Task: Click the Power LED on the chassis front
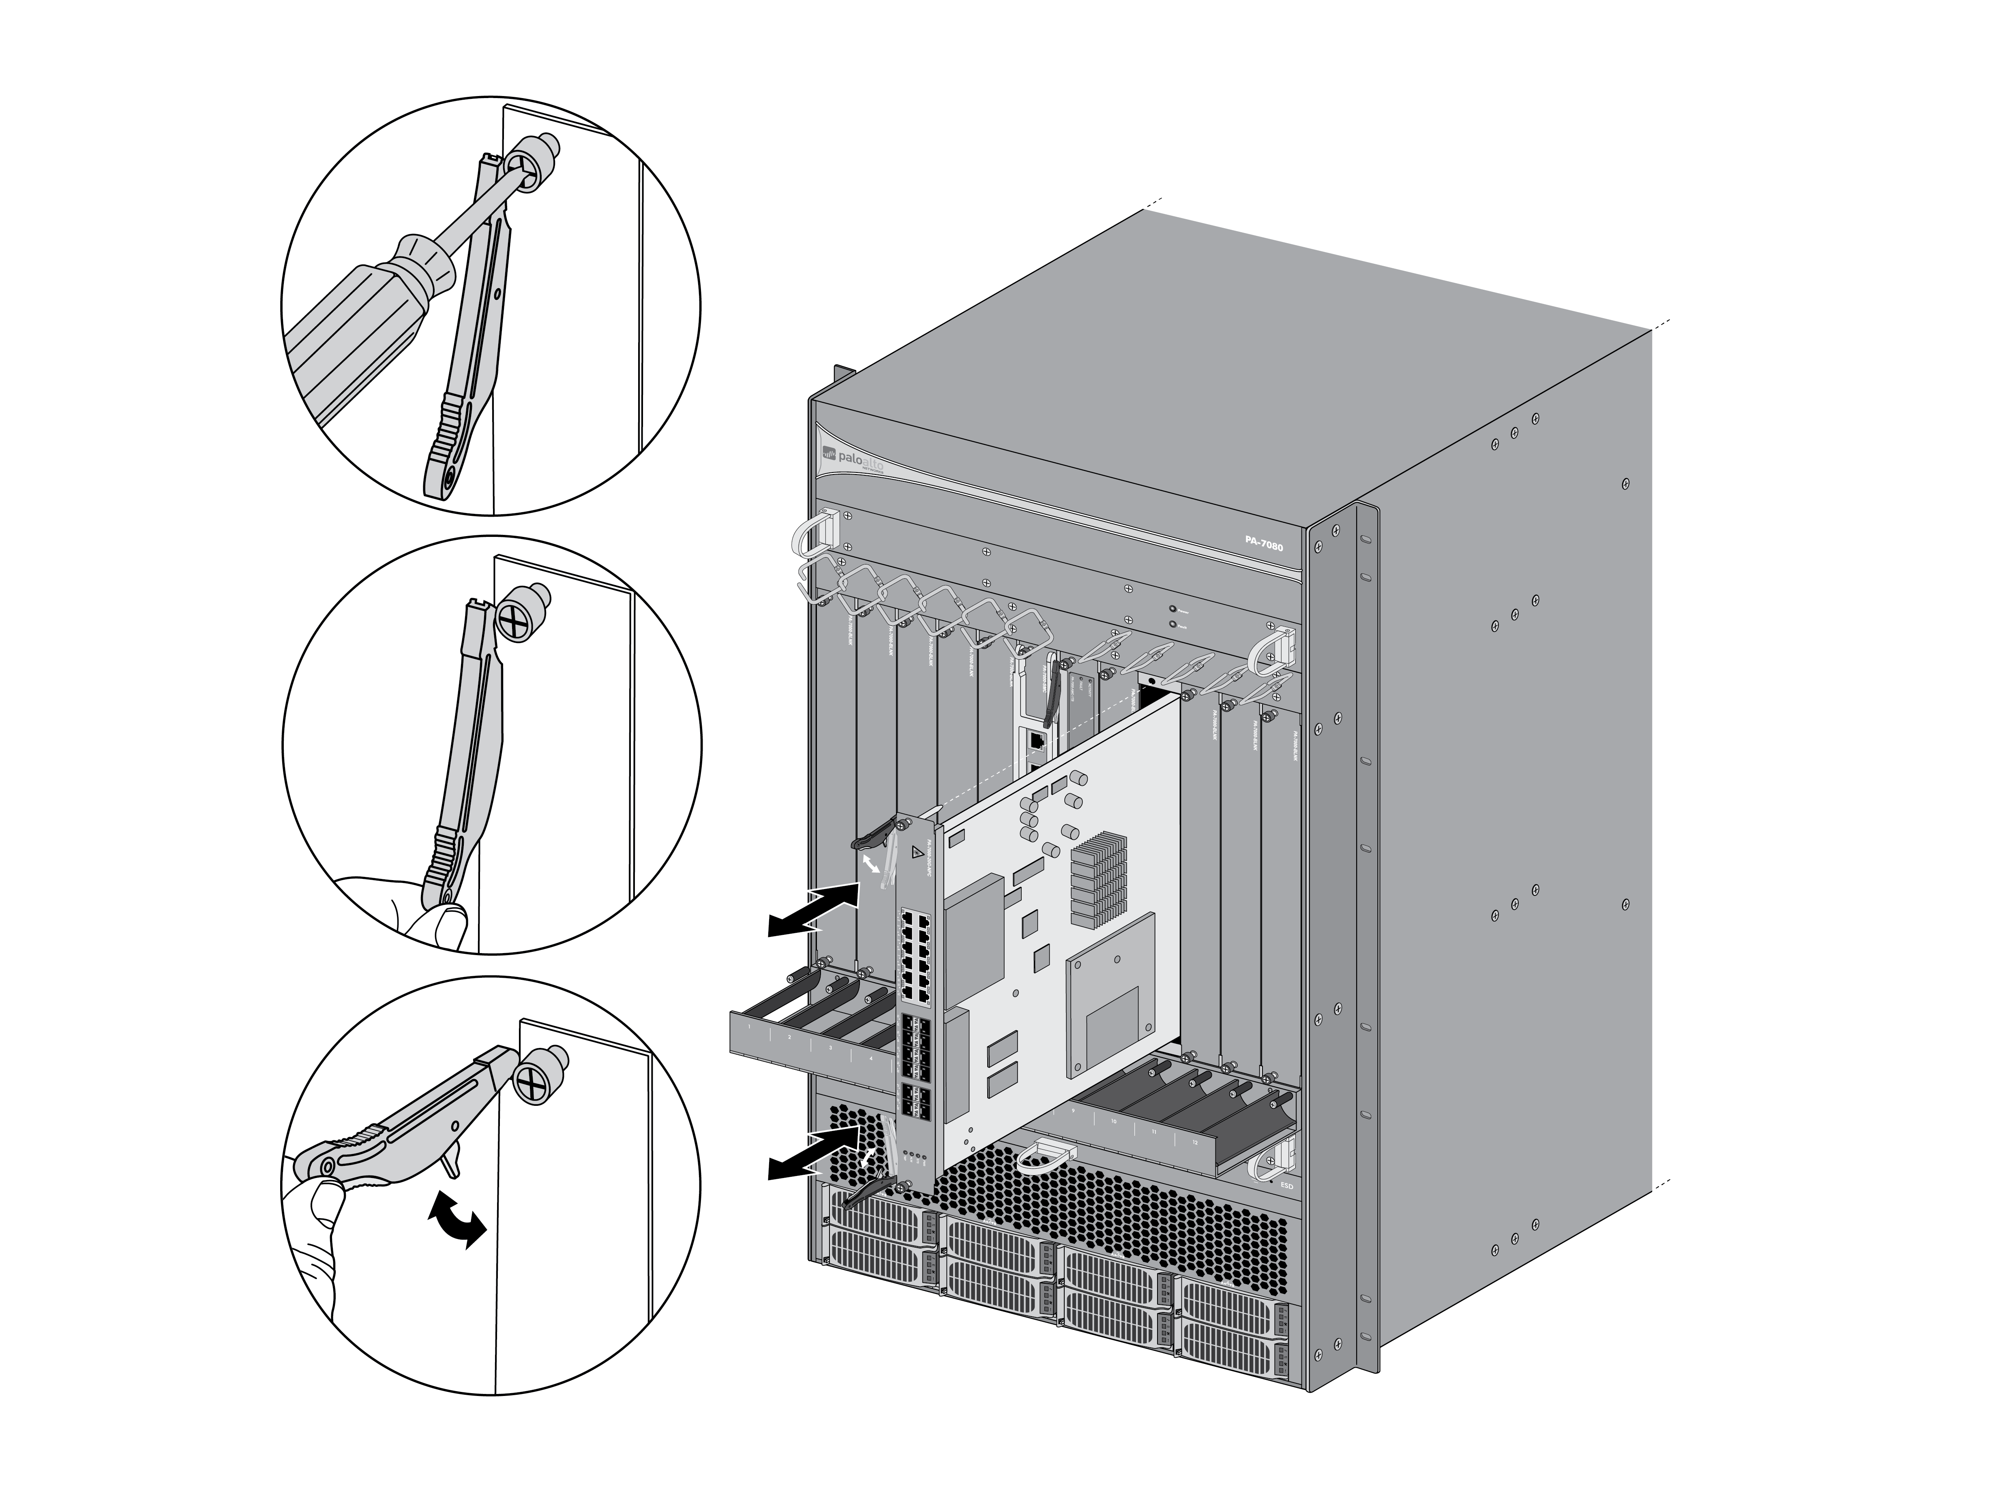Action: [1174, 610]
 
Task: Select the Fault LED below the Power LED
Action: [1174, 624]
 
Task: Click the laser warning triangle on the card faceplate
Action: [919, 851]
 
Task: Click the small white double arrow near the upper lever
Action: [871, 866]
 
